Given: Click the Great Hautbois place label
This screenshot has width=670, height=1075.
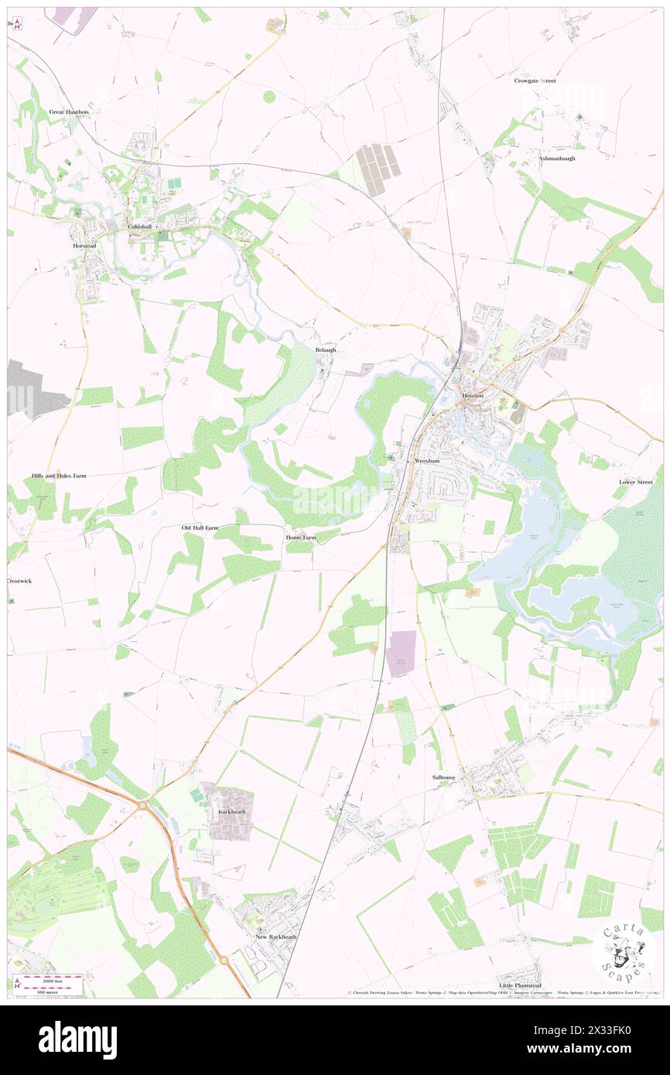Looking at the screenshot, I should click(x=68, y=111).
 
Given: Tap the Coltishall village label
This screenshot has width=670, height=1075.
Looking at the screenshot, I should click(x=141, y=226).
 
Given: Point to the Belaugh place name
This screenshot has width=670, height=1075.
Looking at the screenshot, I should click(x=326, y=350).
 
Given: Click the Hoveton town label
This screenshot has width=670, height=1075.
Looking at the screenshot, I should click(x=473, y=394).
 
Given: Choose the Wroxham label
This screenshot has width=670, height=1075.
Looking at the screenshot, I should click(x=427, y=460).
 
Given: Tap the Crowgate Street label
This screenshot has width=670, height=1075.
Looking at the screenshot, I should click(x=535, y=80).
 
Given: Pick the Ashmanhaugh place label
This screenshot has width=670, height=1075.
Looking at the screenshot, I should click(x=557, y=158).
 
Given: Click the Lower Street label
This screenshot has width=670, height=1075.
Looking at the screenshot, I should click(x=636, y=482).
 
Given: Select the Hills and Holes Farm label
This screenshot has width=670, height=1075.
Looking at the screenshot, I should click(x=59, y=476).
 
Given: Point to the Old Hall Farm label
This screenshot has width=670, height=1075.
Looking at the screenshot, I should click(x=200, y=527).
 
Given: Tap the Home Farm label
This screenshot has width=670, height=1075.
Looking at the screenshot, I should click(x=301, y=537).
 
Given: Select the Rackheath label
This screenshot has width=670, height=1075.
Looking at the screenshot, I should click(x=232, y=811).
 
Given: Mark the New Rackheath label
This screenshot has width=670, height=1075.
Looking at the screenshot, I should click(x=276, y=937).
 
